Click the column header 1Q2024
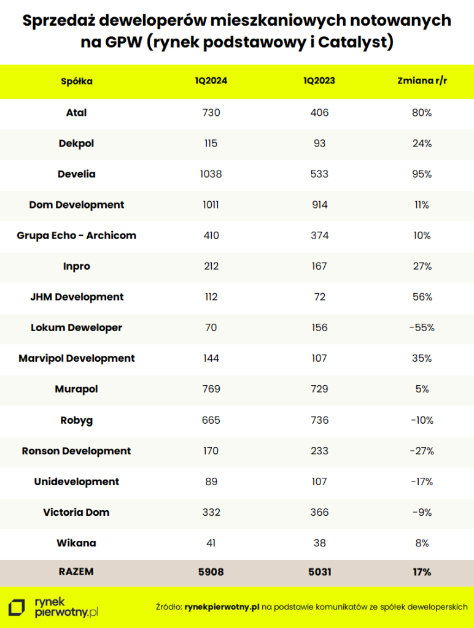click(211, 81)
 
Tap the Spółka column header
click(77, 81)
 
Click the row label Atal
click(77, 113)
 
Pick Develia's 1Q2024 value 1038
click(211, 174)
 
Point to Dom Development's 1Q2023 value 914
click(319, 205)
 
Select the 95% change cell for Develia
click(422, 174)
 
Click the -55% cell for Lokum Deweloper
click(422, 327)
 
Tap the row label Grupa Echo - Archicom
click(77, 235)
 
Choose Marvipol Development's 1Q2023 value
click(319, 358)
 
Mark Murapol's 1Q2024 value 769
click(211, 389)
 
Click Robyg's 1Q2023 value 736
click(319, 420)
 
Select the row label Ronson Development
click(77, 451)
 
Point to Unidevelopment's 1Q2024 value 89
click(211, 481)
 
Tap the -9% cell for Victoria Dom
click(422, 512)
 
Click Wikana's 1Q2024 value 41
click(211, 543)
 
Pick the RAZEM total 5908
click(211, 572)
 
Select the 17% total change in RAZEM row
click(422, 572)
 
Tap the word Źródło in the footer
click(168, 607)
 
